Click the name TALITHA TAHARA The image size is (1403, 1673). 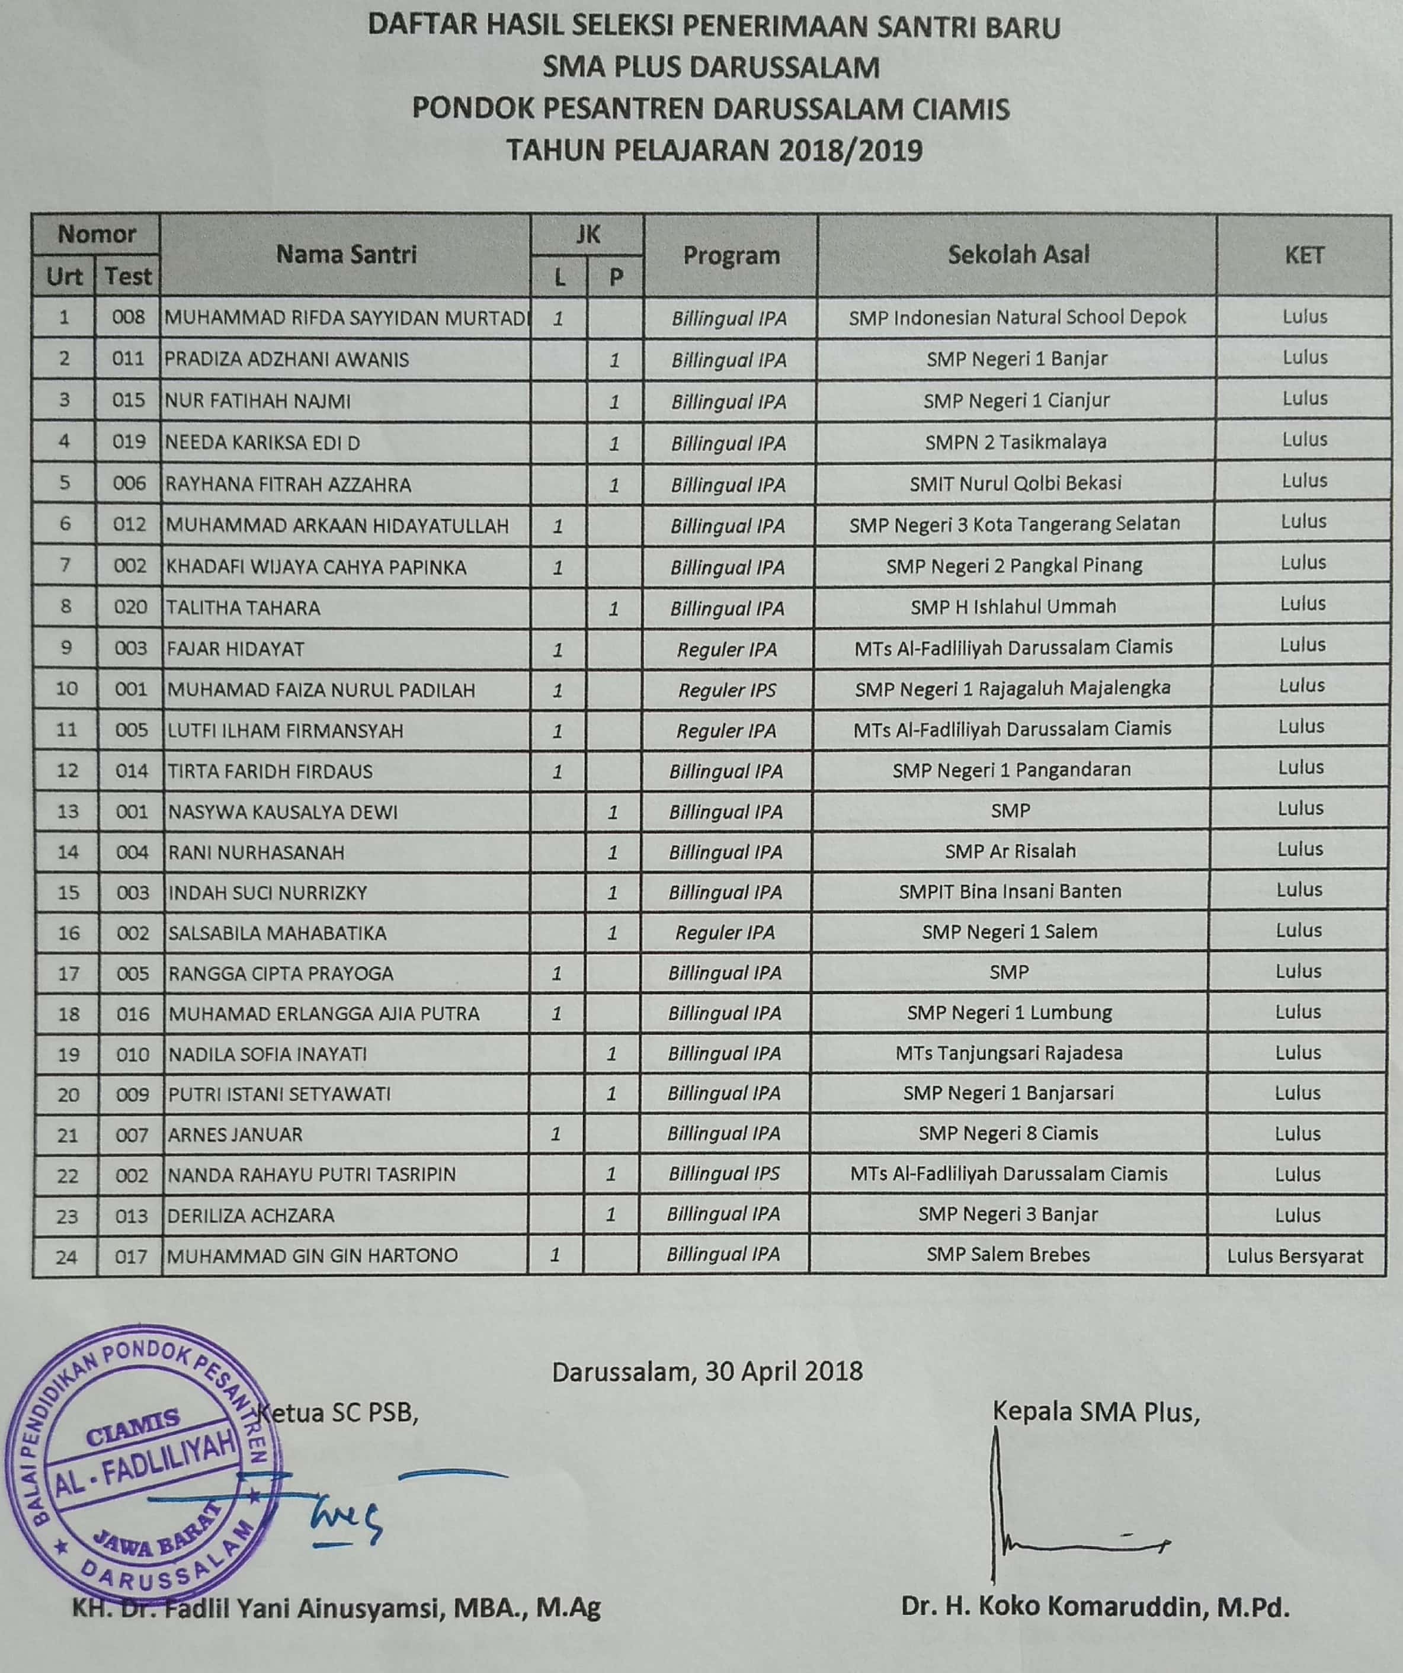243,608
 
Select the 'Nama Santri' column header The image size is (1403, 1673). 346,254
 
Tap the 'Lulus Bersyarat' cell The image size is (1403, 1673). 1295,1257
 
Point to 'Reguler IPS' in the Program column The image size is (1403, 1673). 726,690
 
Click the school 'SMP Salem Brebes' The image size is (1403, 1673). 1008,1255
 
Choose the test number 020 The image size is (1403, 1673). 130,608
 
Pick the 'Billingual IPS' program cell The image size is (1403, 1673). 723,1174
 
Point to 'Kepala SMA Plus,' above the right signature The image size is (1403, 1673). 1096,1412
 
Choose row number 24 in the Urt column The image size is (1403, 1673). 67,1257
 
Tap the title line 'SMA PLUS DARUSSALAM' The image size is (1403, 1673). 710,67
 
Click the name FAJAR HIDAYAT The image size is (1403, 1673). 235,649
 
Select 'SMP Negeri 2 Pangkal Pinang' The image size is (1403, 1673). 1013,566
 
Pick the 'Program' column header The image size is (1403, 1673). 731,256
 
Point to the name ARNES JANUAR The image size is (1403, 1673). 235,1134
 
